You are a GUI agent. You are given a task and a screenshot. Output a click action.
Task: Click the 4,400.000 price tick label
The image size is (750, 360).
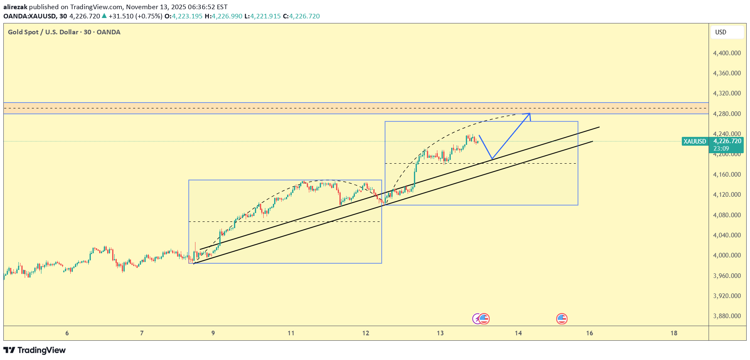[x=727, y=53]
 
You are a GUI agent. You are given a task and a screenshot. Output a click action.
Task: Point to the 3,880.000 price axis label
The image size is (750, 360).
[x=727, y=316]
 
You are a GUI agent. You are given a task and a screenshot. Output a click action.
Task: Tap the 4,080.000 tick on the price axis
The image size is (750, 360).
[x=727, y=215]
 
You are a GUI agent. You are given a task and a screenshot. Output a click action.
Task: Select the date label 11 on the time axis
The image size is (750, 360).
[x=291, y=333]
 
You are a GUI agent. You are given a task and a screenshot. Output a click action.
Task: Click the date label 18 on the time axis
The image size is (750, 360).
[x=674, y=333]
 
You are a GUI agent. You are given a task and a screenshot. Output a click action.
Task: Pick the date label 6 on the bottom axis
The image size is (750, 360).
[x=67, y=333]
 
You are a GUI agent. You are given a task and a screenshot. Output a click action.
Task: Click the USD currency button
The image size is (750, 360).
[x=721, y=32]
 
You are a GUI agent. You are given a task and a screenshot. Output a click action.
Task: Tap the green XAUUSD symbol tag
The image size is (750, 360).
[x=695, y=141]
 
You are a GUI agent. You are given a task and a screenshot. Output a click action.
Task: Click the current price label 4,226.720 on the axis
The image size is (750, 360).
[x=727, y=141]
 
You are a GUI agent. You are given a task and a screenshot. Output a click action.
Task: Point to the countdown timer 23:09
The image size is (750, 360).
[x=721, y=149]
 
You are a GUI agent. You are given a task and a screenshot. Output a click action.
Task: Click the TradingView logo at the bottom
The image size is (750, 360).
[x=34, y=350]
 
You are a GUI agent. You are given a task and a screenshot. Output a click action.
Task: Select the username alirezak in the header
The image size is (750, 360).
[x=15, y=7]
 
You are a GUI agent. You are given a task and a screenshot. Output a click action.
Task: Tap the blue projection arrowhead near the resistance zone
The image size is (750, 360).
[x=529, y=114]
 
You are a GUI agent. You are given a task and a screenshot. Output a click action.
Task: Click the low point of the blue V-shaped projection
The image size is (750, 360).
[x=492, y=159]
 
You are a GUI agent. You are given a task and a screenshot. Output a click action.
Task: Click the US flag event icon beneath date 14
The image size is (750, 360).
[x=562, y=319]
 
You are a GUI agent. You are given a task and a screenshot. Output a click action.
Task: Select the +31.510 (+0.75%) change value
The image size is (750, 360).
[x=135, y=16]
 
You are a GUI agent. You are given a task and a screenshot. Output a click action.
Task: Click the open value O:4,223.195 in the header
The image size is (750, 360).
[x=184, y=16]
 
